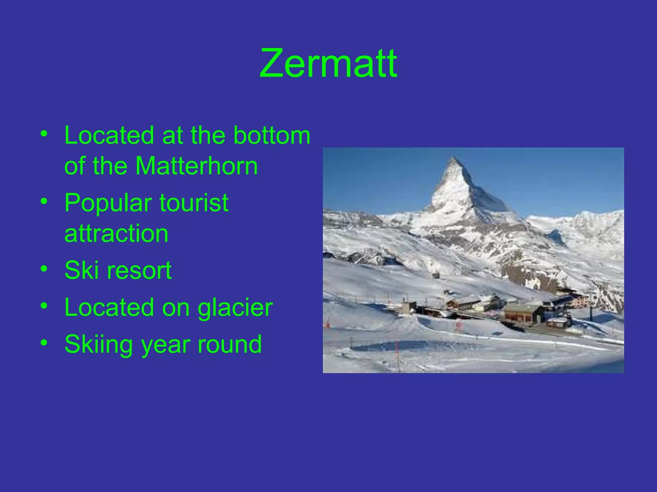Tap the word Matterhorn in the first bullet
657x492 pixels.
coord(196,166)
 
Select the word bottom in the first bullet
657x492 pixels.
coord(272,135)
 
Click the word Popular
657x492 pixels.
coord(108,203)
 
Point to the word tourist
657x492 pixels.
coord(194,203)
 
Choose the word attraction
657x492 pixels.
coord(116,233)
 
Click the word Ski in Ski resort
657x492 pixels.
coord(81,270)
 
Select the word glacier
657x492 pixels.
coord(235,307)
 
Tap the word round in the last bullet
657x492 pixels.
coord(229,344)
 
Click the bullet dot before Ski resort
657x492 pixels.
coord(44,268)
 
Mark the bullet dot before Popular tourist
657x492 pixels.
coord(44,201)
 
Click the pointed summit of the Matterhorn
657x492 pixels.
coord(453,159)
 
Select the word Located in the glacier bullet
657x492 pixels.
coord(109,307)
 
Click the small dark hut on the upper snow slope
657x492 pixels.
coord(436,275)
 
